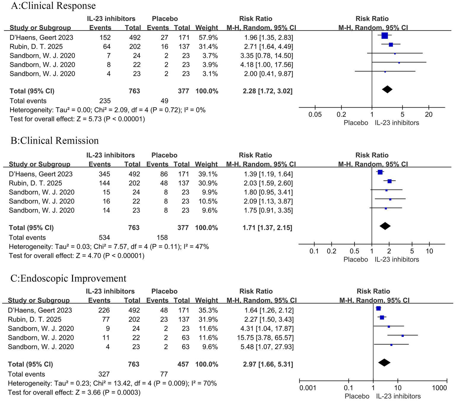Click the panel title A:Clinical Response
pos(53,6)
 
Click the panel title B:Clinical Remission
pos(55,141)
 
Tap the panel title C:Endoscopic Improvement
pos(68,279)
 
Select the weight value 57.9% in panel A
pos(207,38)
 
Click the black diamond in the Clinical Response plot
pos(387,89)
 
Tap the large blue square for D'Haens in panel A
pos(384,36)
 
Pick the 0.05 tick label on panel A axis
pos(315,114)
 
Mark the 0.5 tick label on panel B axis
pos(354,251)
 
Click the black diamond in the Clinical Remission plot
pos(385,226)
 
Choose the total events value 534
pos(104,238)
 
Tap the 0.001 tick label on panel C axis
pos(308,388)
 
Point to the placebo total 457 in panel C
pos(183,364)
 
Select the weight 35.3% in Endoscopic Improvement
pos(207,310)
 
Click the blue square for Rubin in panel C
pos(382,318)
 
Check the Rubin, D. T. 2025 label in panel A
pos(36,47)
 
